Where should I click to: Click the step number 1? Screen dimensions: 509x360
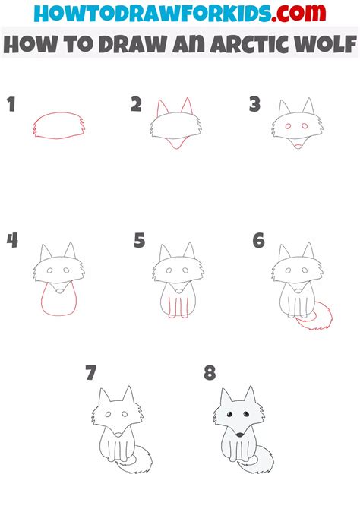[x=11, y=106]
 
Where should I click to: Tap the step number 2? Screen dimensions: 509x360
[x=136, y=105]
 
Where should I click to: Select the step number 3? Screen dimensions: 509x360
[x=255, y=105]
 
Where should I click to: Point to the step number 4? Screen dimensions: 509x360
[x=12, y=241]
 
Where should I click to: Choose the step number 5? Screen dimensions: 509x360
[x=139, y=241]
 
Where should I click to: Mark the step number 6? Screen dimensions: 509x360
[x=258, y=241]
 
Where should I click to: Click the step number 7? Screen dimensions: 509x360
[x=91, y=373]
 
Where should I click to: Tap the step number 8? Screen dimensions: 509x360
[x=210, y=373]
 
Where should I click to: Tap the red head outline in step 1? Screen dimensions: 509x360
[x=56, y=126]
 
